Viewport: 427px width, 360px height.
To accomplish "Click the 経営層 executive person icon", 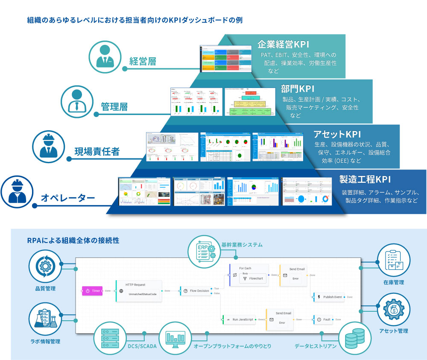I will coord(105,57).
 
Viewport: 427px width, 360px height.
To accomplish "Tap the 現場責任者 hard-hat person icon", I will coord(49,146).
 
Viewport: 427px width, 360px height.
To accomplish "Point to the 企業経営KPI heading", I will coord(283,45).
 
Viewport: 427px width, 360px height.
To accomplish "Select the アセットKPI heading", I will coord(331,134).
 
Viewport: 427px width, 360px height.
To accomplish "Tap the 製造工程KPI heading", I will coord(365,179).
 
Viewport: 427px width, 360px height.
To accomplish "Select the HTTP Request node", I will coord(139,291).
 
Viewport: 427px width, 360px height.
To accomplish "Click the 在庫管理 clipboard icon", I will coord(394,260).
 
